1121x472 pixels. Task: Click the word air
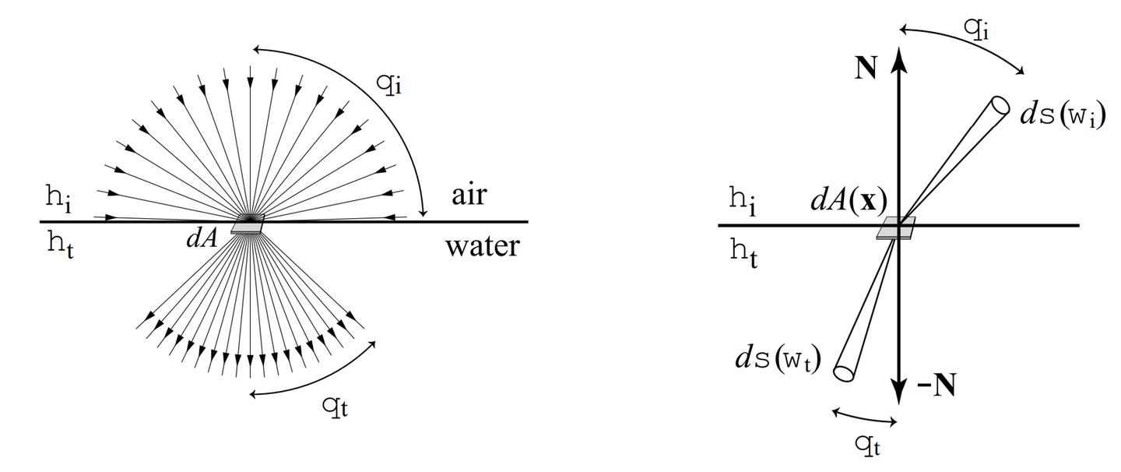coord(469,195)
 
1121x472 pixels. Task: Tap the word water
coord(482,247)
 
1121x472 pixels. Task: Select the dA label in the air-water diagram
coord(201,238)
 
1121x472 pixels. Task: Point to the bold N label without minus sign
coord(866,69)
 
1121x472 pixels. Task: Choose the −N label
coord(937,386)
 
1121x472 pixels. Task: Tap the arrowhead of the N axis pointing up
coord(899,57)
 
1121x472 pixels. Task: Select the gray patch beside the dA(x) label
coord(896,227)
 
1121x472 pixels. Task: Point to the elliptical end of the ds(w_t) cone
coord(844,372)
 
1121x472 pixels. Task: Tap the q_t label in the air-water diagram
coord(335,406)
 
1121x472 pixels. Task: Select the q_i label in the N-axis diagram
coord(977,28)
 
